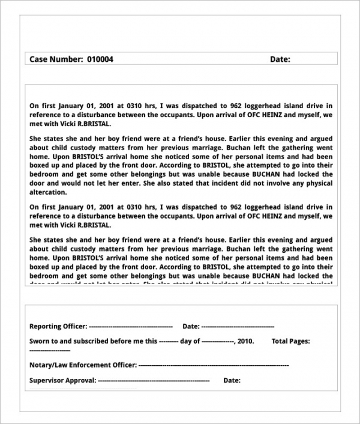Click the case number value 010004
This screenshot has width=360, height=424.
(100, 59)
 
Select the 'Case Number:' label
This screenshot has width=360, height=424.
(56, 59)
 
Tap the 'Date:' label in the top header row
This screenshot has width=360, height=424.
(280, 59)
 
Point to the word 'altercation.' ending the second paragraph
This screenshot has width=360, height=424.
(49, 192)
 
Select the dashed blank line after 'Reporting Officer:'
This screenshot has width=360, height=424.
(130, 326)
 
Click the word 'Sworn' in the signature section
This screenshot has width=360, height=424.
(40, 341)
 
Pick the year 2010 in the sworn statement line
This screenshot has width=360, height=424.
(245, 341)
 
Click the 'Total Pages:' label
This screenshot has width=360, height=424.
(291, 341)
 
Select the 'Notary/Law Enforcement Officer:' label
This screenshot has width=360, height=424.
(83, 365)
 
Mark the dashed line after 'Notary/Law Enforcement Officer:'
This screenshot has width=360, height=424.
(213, 365)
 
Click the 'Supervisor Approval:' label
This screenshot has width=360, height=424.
(62, 380)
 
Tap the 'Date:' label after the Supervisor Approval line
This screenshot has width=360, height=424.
(232, 380)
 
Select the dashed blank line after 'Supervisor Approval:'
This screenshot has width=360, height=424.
(153, 380)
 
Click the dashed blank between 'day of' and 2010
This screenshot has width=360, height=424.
(217, 341)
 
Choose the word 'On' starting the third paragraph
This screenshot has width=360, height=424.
(34, 207)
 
